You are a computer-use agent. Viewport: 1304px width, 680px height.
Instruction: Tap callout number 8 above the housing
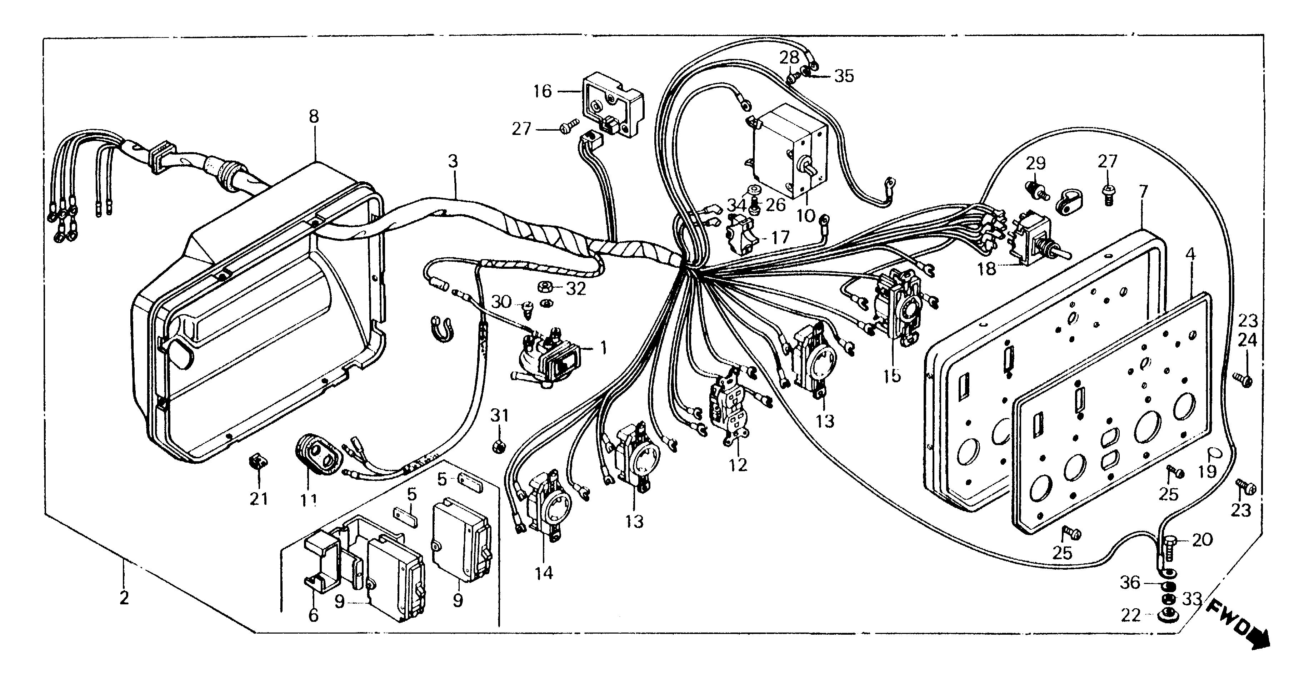[314, 117]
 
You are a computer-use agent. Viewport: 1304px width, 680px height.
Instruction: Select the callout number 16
[542, 92]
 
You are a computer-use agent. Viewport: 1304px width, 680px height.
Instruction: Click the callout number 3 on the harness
[453, 162]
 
